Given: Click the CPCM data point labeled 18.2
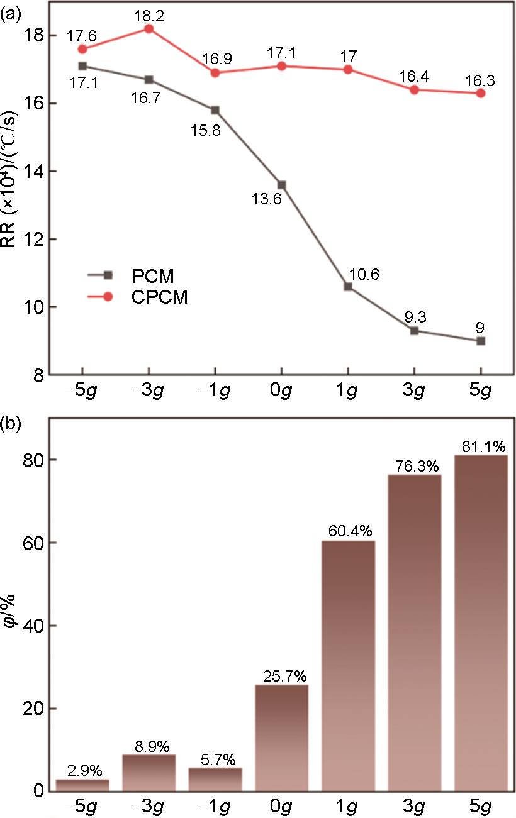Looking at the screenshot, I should point(149,29).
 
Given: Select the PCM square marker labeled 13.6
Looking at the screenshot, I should point(281,185).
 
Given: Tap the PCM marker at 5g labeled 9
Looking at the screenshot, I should point(481,341).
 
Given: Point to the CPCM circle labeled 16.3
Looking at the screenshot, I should point(481,93).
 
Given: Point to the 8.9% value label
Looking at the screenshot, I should point(149,747).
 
